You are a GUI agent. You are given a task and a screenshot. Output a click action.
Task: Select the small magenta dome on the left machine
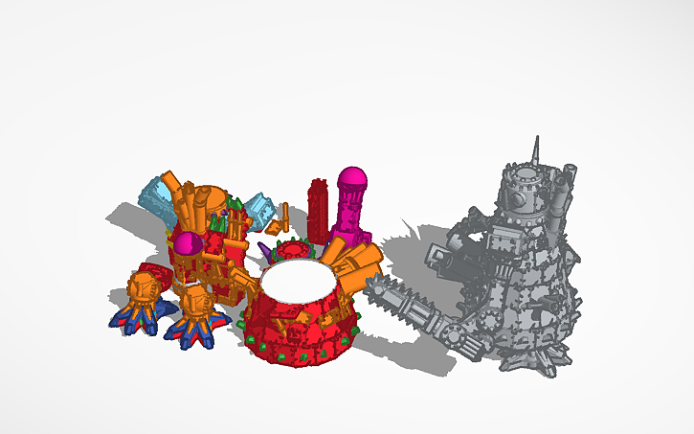[x=188, y=243]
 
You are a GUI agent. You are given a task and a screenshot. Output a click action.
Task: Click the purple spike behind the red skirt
[x=264, y=252]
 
